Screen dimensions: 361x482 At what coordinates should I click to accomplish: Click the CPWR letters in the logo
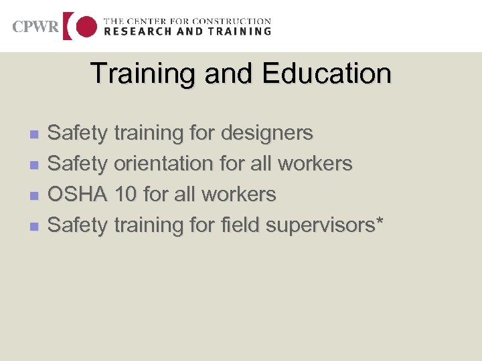pyautogui.click(x=35, y=27)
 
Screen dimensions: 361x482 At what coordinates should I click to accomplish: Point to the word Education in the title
pyautogui.click(x=327, y=74)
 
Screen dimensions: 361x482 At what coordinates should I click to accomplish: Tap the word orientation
pyautogui.click(x=165, y=164)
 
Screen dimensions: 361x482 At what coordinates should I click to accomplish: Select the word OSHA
pyautogui.click(x=78, y=195)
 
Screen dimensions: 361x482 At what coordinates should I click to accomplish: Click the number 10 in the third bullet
pyautogui.click(x=126, y=195)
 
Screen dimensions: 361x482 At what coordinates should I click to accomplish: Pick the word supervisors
pyautogui.click(x=321, y=226)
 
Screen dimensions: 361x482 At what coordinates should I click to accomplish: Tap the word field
pyautogui.click(x=239, y=225)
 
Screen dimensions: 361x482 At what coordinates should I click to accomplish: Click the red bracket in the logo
pyautogui.click(x=68, y=26)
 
